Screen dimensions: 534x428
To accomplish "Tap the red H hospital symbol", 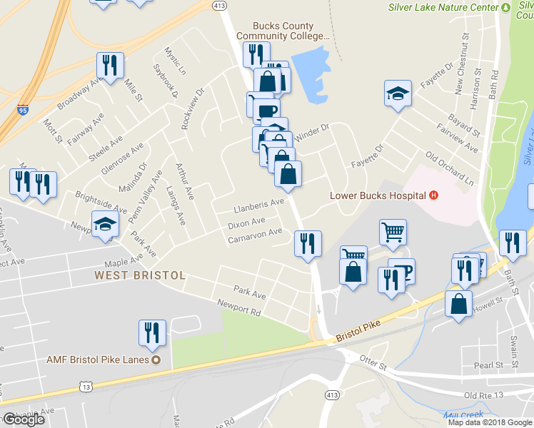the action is point(433,195).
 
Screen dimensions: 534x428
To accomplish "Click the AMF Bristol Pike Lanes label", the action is point(99,360).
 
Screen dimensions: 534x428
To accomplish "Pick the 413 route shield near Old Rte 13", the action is point(331,394).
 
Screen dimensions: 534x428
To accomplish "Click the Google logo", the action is point(24,419).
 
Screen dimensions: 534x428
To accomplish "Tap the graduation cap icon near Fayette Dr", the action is point(398,93).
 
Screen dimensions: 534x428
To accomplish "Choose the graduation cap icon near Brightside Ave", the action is point(105,224).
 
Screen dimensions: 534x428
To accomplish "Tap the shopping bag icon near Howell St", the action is point(458,303).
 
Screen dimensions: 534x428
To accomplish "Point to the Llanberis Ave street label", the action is point(259,205).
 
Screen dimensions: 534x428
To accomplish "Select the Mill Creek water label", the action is point(463,414).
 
